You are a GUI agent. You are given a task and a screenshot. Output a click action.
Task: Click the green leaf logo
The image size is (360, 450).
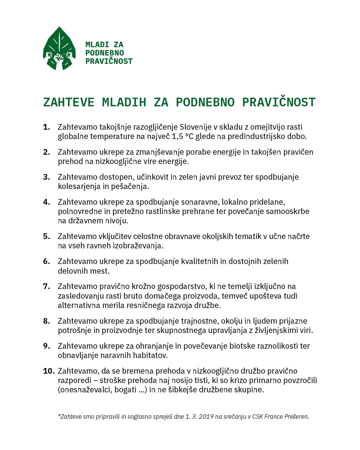click(59, 49)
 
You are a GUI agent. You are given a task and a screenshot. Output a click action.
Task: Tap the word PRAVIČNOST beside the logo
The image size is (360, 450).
click(109, 61)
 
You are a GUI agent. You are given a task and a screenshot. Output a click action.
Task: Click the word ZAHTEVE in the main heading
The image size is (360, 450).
click(69, 102)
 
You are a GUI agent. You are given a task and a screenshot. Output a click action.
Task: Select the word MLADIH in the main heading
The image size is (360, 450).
click(124, 102)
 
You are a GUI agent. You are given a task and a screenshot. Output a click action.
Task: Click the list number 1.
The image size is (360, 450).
click(46, 127)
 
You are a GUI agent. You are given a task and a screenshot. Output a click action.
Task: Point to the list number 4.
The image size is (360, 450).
click(46, 202)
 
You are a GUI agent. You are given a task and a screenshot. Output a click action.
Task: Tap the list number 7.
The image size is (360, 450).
click(46, 286)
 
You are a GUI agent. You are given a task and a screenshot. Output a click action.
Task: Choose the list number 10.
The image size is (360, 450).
click(49, 371)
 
